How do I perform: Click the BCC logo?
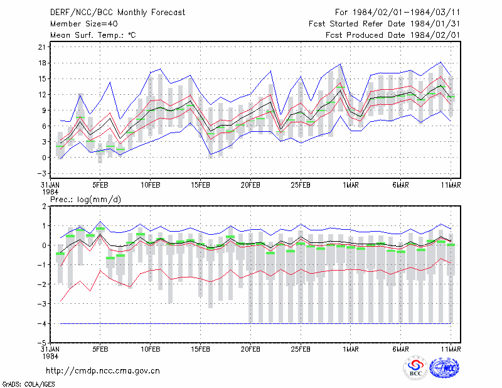click(x=415, y=369)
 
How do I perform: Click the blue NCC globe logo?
click(x=444, y=368)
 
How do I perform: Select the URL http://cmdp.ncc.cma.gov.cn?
click(x=103, y=371)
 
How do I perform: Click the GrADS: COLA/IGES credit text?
click(x=28, y=384)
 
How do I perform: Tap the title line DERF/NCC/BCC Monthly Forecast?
click(x=117, y=13)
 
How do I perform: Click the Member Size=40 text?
click(x=84, y=24)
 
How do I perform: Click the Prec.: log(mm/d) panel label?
click(x=85, y=200)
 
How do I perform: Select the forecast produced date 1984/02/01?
click(x=435, y=35)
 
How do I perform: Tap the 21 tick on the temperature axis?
click(x=42, y=47)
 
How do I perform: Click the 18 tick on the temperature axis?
click(x=42, y=63)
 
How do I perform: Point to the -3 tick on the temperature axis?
click(x=41, y=173)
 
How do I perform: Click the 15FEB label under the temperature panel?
click(x=200, y=185)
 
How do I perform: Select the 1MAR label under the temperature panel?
click(x=351, y=185)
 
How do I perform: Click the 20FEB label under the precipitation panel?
click(x=250, y=349)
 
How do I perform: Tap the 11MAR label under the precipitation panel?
click(x=451, y=349)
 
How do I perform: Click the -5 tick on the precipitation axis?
click(x=41, y=343)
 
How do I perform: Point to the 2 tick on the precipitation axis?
click(x=44, y=207)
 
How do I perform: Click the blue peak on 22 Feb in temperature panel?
click(x=271, y=71)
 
